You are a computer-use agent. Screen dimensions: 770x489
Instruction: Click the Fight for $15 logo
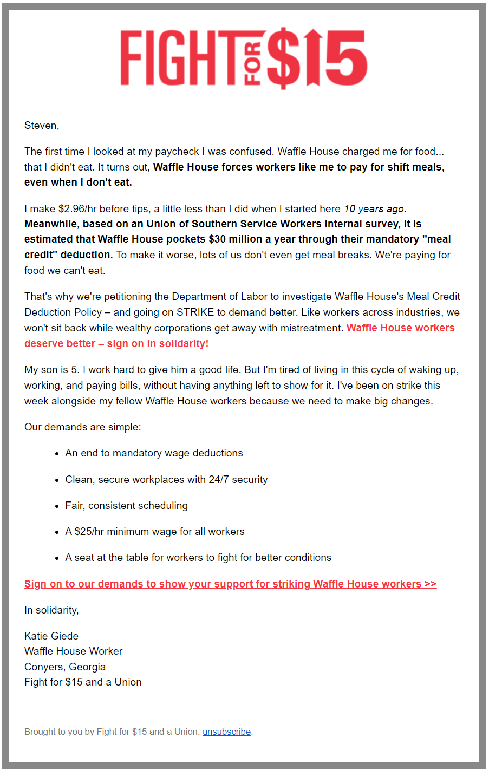tap(244, 58)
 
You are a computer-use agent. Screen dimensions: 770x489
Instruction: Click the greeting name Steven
tap(41, 126)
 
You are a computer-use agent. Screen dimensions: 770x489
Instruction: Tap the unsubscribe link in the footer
tap(226, 732)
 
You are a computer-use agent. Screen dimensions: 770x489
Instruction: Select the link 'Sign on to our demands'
tap(230, 584)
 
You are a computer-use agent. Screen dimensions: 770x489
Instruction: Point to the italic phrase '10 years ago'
tap(374, 209)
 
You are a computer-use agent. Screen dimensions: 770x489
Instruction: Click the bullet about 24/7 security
tap(166, 480)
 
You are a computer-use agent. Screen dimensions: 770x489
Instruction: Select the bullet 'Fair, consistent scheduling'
tap(126, 506)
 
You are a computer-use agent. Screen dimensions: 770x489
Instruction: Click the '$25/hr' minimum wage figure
tap(89, 532)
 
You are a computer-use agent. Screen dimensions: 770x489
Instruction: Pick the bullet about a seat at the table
tap(198, 558)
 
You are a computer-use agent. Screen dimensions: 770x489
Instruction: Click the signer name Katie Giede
tap(51, 636)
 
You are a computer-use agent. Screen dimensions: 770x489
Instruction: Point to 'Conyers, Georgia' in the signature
tap(65, 667)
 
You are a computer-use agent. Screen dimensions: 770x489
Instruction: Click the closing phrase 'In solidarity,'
tap(51, 610)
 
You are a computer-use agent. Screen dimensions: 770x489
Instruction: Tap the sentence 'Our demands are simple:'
tap(82, 427)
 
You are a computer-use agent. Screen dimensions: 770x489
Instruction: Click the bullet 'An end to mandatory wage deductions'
tap(154, 453)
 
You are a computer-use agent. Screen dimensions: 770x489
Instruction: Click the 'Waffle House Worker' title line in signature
tap(73, 651)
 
